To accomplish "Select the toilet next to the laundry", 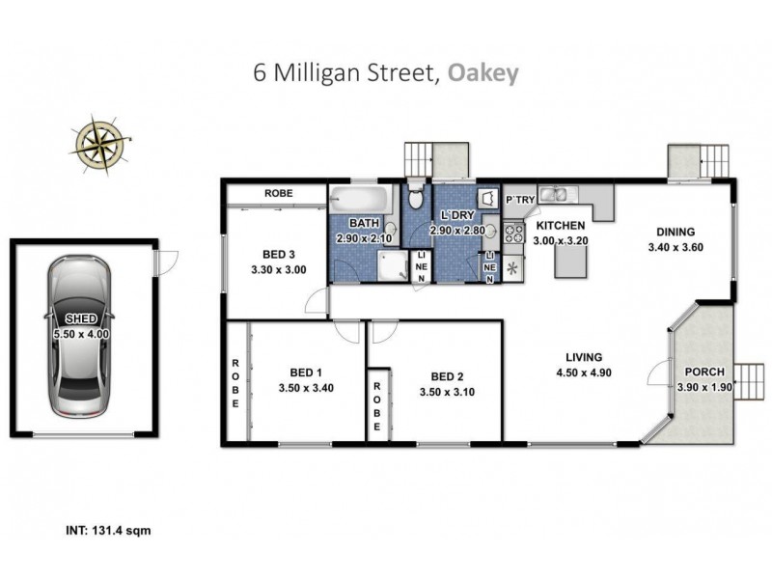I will (416, 198).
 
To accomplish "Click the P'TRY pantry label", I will (520, 200).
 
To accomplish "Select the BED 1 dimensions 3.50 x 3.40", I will (306, 392).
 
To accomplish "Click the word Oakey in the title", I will (481, 74).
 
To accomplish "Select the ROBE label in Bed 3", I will (280, 193).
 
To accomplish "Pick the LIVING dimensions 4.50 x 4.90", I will (584, 372).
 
